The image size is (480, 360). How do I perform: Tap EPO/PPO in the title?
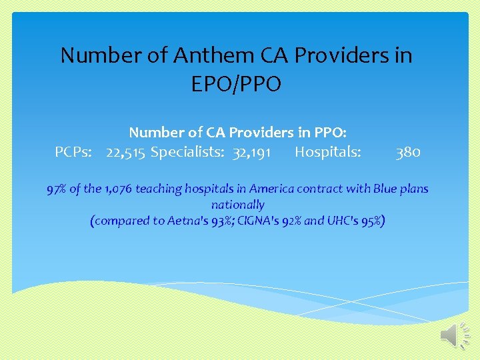coord(237,84)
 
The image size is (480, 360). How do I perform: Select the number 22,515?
coord(125,153)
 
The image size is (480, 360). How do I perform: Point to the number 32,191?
coord(251,153)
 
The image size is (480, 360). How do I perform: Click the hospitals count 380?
coord(408,153)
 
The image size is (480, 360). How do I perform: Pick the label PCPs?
coord(75,153)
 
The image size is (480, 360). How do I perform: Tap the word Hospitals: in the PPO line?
coord(328,153)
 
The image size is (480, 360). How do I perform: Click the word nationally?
coord(237,205)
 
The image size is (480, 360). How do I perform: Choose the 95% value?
coord(372,221)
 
